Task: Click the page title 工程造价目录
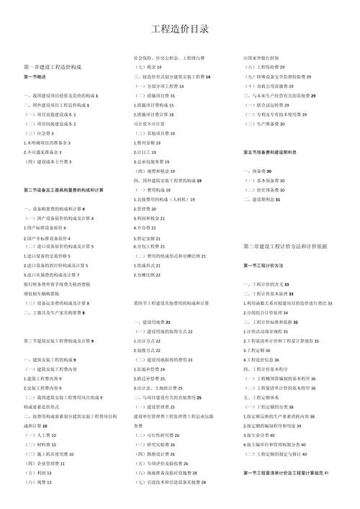[180, 30]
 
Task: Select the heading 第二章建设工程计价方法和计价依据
[285, 246]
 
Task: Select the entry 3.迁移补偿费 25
[149, 378]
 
